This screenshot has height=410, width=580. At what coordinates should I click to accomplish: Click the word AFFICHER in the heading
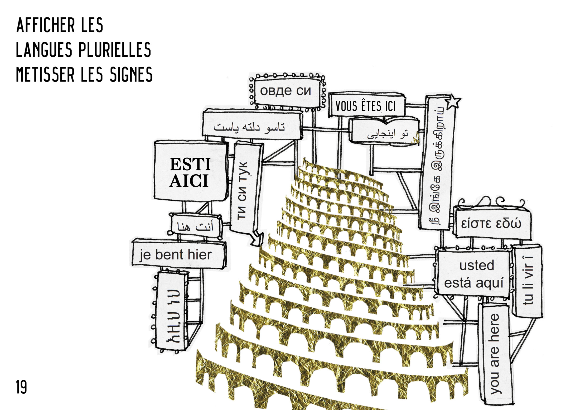[45, 26]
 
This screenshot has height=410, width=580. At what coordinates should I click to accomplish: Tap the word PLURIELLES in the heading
[115, 50]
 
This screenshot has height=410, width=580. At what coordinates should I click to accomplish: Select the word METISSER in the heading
[45, 75]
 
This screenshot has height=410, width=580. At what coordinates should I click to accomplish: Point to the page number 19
[21, 387]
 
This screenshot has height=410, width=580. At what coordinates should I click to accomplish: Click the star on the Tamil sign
[453, 101]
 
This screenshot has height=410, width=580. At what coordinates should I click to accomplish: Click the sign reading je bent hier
[176, 255]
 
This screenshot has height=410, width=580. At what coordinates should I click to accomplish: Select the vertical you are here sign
[495, 353]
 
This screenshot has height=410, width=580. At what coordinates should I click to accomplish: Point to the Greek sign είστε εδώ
[491, 224]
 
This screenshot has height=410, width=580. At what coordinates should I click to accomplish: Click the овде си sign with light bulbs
[286, 91]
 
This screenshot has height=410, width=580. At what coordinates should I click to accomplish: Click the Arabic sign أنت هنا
[195, 226]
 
